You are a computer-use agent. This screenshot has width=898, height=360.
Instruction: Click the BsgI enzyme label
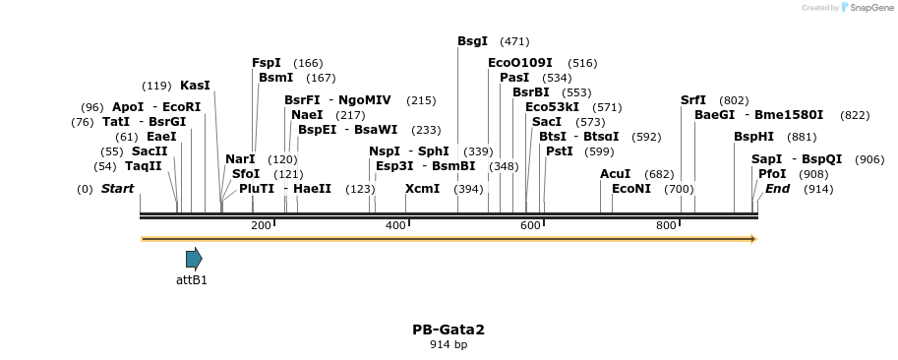(x=472, y=41)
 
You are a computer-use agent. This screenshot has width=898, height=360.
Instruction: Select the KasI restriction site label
(x=195, y=86)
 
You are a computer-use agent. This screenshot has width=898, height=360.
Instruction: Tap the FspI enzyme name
(x=267, y=63)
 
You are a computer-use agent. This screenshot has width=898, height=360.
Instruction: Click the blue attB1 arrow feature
(x=194, y=259)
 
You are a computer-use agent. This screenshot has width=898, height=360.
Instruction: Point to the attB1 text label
(x=192, y=279)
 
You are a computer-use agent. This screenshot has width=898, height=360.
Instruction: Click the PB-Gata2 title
(x=449, y=330)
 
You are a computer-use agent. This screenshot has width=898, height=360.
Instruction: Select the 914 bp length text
(x=449, y=345)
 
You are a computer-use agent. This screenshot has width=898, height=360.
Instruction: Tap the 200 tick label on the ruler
(x=261, y=226)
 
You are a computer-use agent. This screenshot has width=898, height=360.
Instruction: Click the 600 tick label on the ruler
(x=530, y=226)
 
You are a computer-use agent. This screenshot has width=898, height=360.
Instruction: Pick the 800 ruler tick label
(x=666, y=226)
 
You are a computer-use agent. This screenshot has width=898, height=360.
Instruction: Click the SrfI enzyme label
(x=693, y=100)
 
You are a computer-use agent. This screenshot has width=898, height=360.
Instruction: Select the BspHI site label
(x=754, y=137)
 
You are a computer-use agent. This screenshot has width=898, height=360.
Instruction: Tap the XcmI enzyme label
(x=422, y=188)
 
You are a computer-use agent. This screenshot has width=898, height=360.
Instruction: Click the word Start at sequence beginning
(x=117, y=188)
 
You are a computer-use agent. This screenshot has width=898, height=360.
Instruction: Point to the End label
(x=777, y=188)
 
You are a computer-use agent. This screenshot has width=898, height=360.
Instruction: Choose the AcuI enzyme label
(x=615, y=173)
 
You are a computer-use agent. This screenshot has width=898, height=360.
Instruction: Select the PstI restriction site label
(x=559, y=151)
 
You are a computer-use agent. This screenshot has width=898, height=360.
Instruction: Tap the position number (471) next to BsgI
(x=514, y=41)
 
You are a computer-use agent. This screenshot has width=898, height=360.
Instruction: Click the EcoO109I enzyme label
(x=520, y=63)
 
